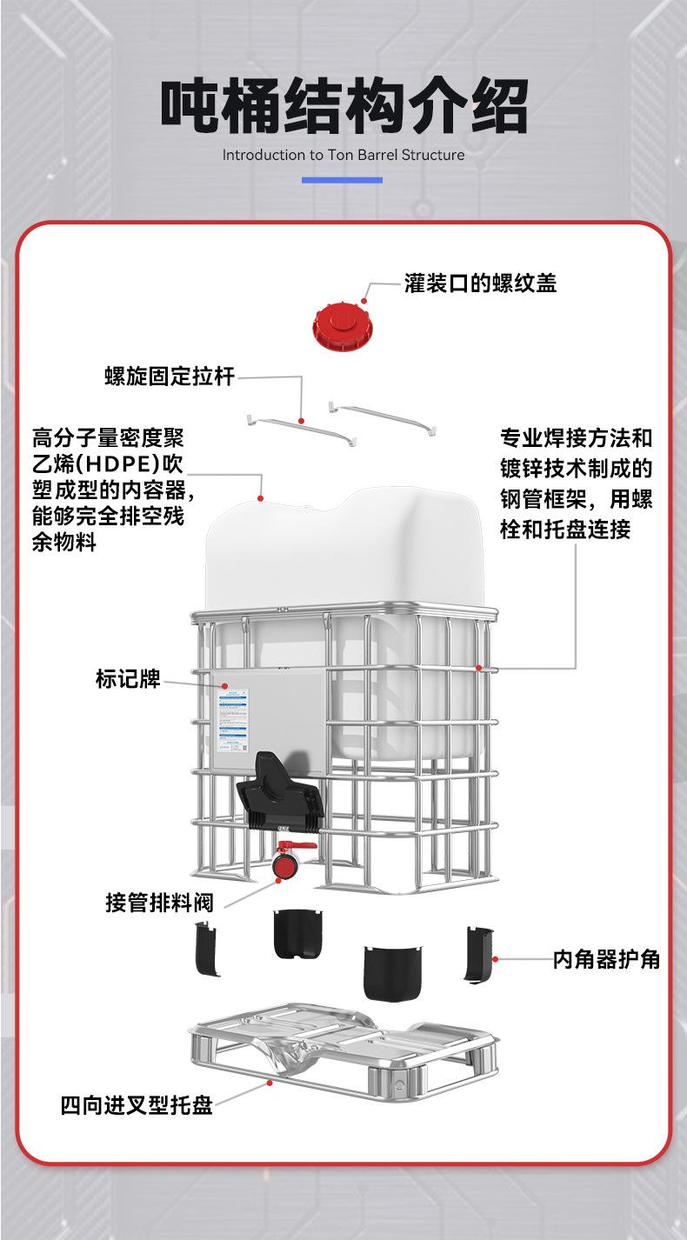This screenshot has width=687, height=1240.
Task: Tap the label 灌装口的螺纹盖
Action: pos(480,283)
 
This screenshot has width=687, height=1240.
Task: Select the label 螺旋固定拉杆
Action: pos(170,377)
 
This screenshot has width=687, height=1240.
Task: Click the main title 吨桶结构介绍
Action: pos(344,107)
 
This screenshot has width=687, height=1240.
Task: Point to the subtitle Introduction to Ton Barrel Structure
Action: pos(343,156)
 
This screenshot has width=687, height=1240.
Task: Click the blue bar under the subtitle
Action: pos(342,180)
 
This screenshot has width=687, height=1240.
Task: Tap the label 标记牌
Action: pos(128,678)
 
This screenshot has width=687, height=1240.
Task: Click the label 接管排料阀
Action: pos(159,902)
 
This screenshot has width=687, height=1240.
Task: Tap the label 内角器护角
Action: pos(606,959)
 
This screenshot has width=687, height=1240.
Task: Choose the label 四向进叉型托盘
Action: pos(137,1105)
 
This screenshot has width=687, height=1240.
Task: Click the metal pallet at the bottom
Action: pos(343,1048)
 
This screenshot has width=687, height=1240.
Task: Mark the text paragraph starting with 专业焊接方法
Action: pos(576,483)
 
